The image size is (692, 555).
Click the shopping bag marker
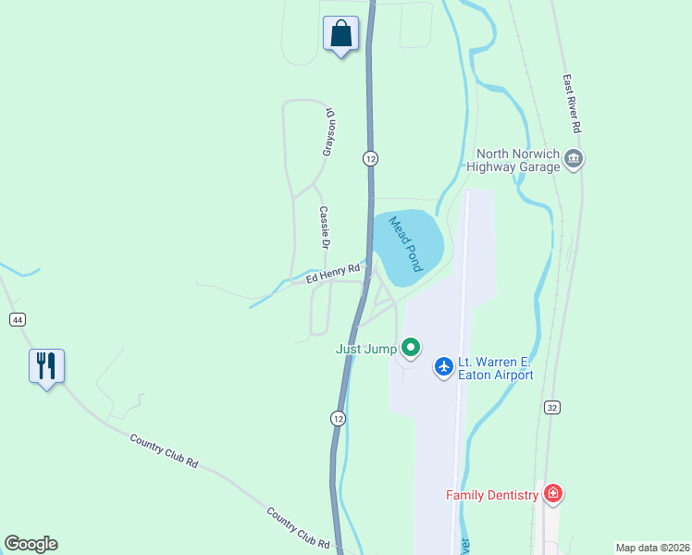pyautogui.click(x=340, y=33)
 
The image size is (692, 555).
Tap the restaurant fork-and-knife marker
pyautogui.click(x=45, y=365)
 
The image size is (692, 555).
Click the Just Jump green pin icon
pyautogui.click(x=411, y=349)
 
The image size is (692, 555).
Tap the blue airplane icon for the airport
pyautogui.click(x=444, y=367)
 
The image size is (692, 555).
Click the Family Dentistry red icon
pyautogui.click(x=553, y=495)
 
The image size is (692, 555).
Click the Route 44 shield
pyautogui.click(x=17, y=319)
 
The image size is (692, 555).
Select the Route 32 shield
pyautogui.click(x=552, y=407)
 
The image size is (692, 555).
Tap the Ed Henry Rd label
pyautogui.click(x=333, y=273)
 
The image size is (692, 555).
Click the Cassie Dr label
pyautogui.click(x=325, y=227)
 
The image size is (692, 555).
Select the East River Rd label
pyautogui.click(x=574, y=103)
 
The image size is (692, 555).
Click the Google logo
pyautogui.click(x=31, y=544)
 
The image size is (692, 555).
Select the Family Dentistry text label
pyautogui.click(x=492, y=495)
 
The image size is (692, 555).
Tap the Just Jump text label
pyautogui.click(x=365, y=349)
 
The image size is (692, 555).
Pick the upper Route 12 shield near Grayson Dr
pyautogui.click(x=370, y=158)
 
